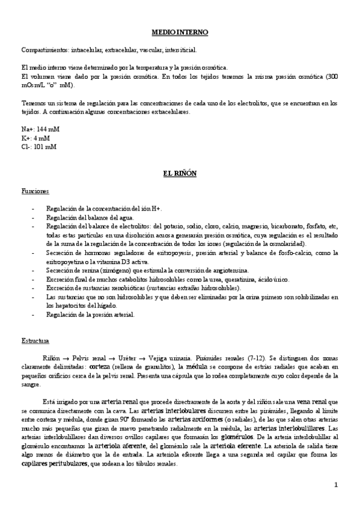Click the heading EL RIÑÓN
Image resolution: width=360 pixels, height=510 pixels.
[x=180, y=174]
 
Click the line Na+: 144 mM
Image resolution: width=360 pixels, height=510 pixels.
[x=40, y=129]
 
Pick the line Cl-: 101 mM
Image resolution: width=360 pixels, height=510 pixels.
[x=38, y=146]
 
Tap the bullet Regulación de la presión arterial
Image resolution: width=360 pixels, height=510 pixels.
[x=90, y=314]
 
